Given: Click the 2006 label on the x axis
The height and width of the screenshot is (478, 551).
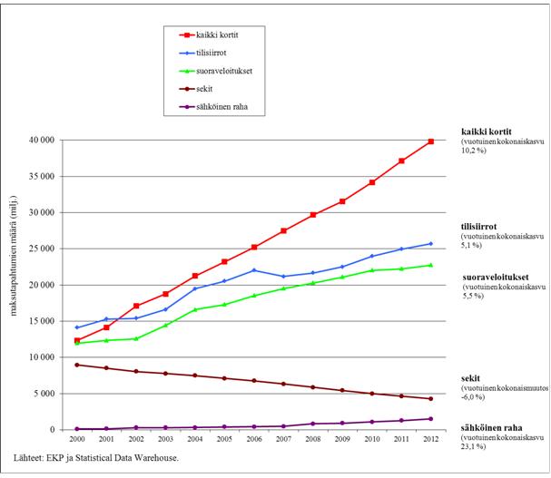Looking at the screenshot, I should (x=254, y=438).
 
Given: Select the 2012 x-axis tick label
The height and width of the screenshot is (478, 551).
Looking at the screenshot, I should (x=430, y=438).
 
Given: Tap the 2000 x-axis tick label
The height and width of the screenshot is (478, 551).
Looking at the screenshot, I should (x=77, y=438).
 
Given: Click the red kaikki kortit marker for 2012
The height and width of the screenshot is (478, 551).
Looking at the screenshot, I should (x=430, y=141).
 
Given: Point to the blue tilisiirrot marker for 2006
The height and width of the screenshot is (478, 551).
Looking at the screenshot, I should (x=254, y=270).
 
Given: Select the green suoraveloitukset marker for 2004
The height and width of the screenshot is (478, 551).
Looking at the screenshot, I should (x=195, y=309).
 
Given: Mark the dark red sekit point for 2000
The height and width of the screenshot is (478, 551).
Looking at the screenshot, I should (x=77, y=365).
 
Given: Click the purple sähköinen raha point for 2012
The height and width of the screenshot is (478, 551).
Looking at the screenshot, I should (x=430, y=418).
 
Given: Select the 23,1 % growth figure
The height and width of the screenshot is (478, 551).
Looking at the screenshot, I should (x=476, y=444).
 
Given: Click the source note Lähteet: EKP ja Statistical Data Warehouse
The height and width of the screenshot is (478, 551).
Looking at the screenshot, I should (x=98, y=457).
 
